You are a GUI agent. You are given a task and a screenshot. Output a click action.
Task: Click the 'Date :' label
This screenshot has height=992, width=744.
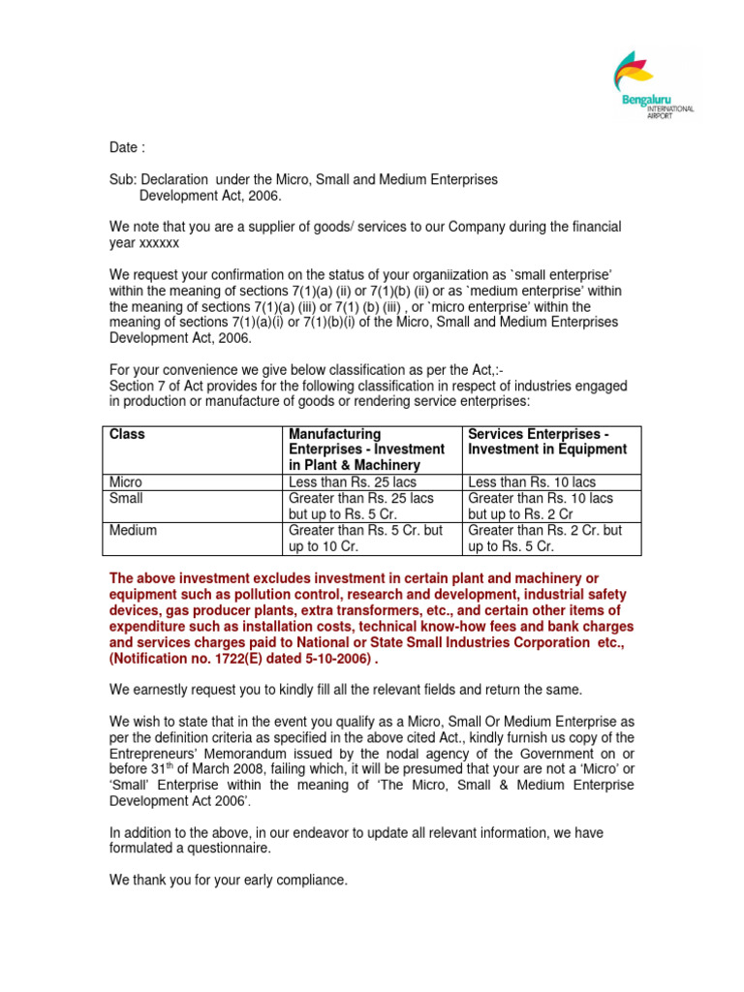click(x=127, y=148)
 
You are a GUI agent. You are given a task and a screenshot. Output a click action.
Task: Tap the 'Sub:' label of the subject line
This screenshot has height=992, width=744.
click(x=122, y=180)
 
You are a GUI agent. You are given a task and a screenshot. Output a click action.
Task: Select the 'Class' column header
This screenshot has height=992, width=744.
click(x=127, y=434)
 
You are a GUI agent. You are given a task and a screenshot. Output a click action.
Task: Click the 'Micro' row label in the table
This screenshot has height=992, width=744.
click(x=126, y=481)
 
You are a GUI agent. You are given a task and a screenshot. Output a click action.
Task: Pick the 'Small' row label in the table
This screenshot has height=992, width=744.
click(x=126, y=498)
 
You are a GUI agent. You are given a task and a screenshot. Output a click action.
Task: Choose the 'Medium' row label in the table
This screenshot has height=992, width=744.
click(x=133, y=530)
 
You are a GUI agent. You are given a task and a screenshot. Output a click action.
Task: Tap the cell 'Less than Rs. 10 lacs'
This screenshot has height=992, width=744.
click(x=532, y=481)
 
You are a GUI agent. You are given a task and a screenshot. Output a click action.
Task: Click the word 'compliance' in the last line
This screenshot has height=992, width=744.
click(x=308, y=880)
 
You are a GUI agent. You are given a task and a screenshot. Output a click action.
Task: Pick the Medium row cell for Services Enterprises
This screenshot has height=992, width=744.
click(x=544, y=538)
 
